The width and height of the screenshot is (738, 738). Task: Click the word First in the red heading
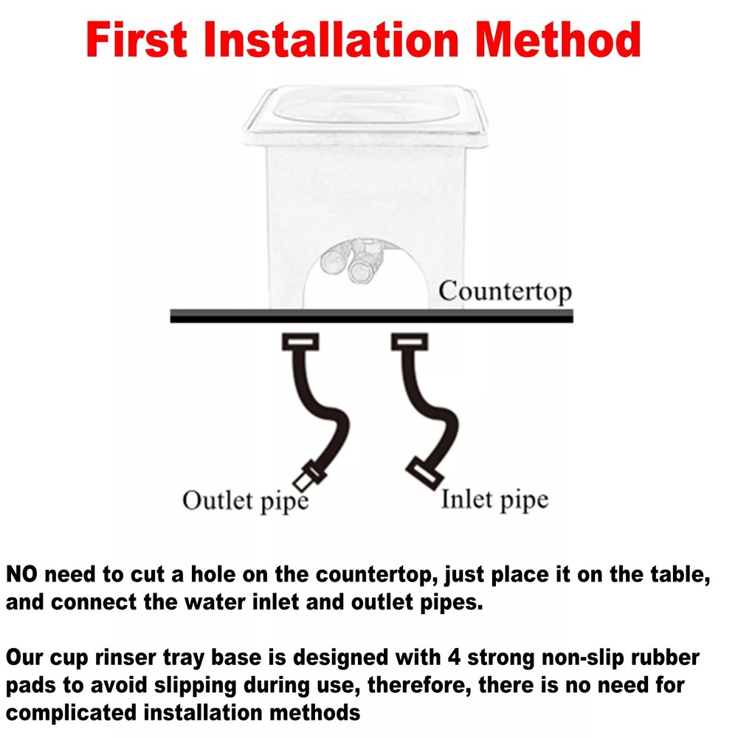pyautogui.click(x=137, y=40)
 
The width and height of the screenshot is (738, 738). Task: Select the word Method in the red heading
pyautogui.click(x=558, y=40)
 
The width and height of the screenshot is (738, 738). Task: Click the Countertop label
pyautogui.click(x=505, y=292)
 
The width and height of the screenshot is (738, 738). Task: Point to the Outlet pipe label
pyautogui.click(x=245, y=501)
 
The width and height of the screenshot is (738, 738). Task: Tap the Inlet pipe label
pyautogui.click(x=494, y=500)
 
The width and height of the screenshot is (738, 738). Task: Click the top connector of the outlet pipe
pyautogui.click(x=300, y=342)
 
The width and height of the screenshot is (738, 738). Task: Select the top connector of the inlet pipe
pyautogui.click(x=410, y=342)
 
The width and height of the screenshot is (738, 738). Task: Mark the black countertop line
pyautogui.click(x=371, y=317)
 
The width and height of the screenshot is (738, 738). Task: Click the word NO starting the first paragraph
pyautogui.click(x=21, y=575)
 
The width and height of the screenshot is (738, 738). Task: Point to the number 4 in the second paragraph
pyautogui.click(x=454, y=658)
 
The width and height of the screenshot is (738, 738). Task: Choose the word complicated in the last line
pyautogui.click(x=71, y=714)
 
